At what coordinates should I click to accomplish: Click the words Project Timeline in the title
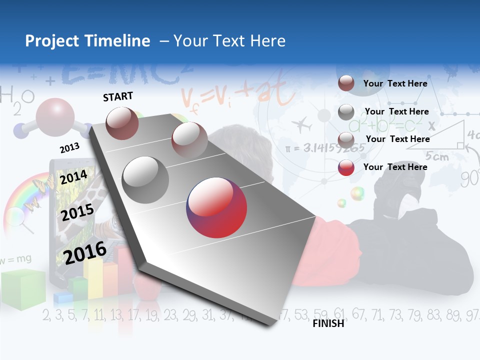point(87,41)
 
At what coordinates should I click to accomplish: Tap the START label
point(118,96)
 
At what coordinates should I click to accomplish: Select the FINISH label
point(328,323)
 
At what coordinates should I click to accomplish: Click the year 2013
point(69,148)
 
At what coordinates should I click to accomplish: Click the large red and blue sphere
point(216,207)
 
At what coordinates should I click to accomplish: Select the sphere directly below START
point(122,123)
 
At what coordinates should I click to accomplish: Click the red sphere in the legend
point(346,167)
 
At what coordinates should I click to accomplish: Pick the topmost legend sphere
point(346,83)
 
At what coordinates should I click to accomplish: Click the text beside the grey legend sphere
point(396,111)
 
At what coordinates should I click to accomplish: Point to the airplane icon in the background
point(301,124)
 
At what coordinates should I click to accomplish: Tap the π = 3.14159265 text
point(325,148)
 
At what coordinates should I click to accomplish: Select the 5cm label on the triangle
point(436,156)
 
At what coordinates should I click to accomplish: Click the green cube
point(22,288)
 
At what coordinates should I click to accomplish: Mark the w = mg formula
point(16,259)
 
